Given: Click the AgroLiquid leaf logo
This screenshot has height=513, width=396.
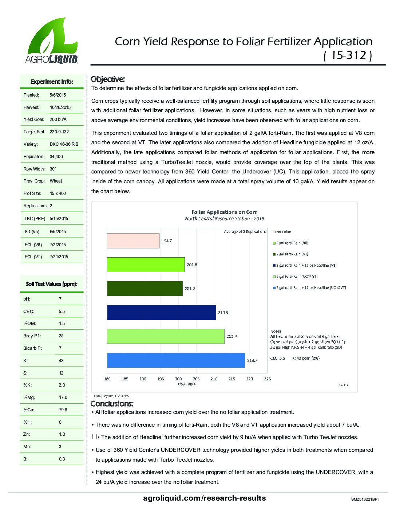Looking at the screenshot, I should [x=51, y=40].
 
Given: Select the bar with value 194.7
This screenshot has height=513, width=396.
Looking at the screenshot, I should [x=133, y=241].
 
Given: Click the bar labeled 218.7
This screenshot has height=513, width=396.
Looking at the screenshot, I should [x=176, y=360].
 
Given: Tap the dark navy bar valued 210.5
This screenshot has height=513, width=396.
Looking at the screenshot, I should [x=162, y=312].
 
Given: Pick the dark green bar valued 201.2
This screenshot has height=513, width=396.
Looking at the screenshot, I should [x=145, y=289].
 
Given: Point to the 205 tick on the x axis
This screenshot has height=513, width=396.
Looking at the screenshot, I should [x=196, y=379].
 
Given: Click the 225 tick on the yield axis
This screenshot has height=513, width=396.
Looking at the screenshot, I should [x=267, y=379].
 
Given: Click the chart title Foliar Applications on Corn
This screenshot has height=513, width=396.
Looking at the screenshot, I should [x=225, y=212].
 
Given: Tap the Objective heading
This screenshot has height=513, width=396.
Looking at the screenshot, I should [x=107, y=79].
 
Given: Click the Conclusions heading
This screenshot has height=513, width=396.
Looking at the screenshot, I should [x=112, y=404].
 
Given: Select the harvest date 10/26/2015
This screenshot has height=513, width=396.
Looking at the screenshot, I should [x=60, y=107].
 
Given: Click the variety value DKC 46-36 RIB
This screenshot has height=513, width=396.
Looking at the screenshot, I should [x=64, y=144].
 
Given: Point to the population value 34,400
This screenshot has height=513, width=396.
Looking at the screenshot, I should [x=56, y=157].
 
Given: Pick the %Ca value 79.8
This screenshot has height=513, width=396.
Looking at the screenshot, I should [x=63, y=410].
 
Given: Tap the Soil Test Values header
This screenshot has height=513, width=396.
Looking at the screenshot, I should [x=52, y=284].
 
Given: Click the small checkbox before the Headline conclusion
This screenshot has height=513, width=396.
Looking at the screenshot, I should [x=95, y=436].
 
